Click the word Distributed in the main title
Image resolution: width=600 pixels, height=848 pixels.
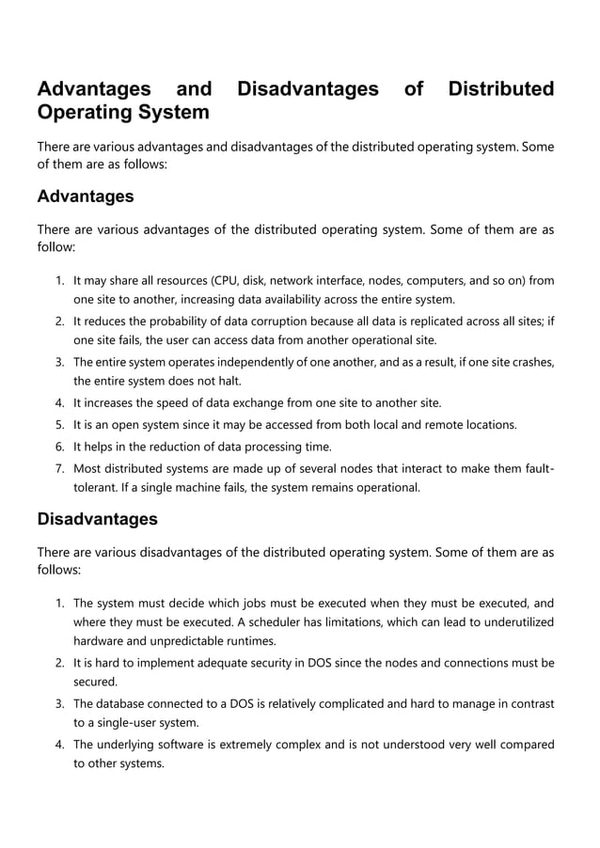501,89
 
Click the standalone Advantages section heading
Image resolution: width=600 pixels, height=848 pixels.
85,196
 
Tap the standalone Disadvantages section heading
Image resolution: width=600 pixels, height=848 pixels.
97,519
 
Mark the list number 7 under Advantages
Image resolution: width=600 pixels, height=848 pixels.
58,467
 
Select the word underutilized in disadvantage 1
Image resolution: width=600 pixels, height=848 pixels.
514,622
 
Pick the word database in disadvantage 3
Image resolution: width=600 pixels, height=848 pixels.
123,703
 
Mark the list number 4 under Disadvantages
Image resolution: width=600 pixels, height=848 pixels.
58,745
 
